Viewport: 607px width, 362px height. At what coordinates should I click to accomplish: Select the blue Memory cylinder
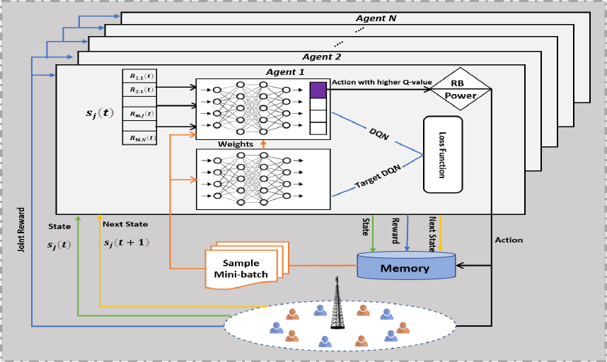coord(405,267)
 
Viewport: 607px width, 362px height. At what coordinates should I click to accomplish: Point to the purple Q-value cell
coord(318,89)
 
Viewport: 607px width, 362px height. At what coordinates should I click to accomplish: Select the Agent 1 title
coord(287,72)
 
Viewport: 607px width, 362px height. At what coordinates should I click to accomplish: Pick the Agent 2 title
coord(321,57)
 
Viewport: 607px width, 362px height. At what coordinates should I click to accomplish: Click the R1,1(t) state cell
coord(139,76)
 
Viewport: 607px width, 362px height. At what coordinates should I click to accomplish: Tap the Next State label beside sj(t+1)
coord(125,224)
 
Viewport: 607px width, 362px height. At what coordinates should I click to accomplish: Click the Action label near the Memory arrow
coord(509,240)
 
